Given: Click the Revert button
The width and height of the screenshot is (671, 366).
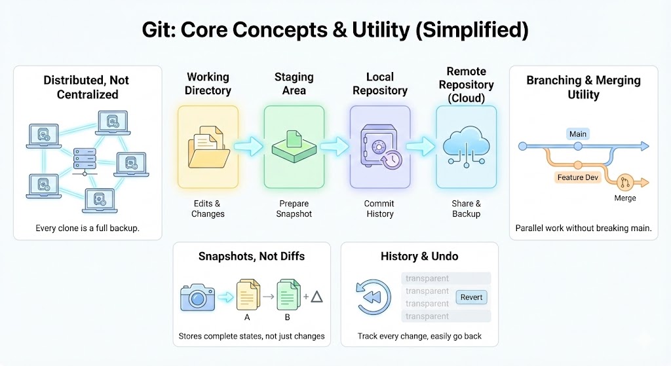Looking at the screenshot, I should [x=472, y=297].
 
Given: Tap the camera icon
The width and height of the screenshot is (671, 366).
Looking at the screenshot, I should [x=197, y=298].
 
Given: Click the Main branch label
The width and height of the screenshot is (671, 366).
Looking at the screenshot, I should [x=577, y=134].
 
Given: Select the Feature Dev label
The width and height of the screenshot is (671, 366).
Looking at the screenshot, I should [x=578, y=177].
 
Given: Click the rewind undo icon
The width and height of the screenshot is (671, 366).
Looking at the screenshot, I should [x=372, y=297].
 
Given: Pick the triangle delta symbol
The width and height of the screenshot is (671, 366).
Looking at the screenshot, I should [x=317, y=297].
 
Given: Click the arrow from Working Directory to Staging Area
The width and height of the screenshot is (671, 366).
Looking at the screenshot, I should [x=247, y=148].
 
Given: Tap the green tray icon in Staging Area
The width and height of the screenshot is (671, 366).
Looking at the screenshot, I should [x=294, y=146].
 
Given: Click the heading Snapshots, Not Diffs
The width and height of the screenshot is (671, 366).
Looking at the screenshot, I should [x=252, y=256].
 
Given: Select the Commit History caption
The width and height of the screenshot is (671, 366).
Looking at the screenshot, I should [x=379, y=209].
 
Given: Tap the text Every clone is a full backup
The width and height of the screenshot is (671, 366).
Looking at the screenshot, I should [x=87, y=229].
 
